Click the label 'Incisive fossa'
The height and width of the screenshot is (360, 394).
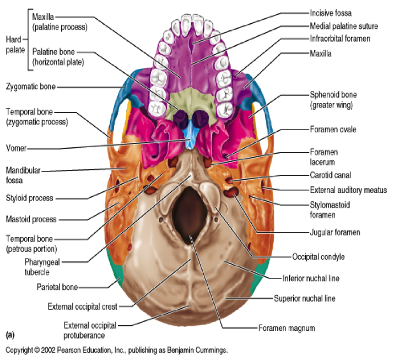pyautogui.click(x=331, y=13)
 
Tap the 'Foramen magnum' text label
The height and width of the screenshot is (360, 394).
pyautogui.click(x=287, y=328)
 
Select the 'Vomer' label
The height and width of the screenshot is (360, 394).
pyautogui.click(x=17, y=148)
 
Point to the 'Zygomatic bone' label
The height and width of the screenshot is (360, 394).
pyautogui.click(x=31, y=87)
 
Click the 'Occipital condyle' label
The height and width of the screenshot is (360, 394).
pyautogui.click(x=319, y=257)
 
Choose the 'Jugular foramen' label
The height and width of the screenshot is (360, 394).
pyautogui.click(x=335, y=232)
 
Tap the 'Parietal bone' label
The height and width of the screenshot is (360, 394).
pyautogui.click(x=57, y=287)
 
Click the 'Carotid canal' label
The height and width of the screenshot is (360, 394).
pyautogui.click(x=331, y=175)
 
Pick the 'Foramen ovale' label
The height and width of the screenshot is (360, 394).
pyautogui.click(x=333, y=130)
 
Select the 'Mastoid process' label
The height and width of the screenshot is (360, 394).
pyautogui.click(x=31, y=219)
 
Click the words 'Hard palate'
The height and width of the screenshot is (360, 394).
pyautogui.click(x=15, y=45)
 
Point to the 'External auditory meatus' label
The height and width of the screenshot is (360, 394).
pyautogui.click(x=348, y=190)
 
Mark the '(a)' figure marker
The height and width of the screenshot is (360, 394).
pyautogui.click(x=10, y=335)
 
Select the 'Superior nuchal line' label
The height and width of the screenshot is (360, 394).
pyautogui.click(x=305, y=298)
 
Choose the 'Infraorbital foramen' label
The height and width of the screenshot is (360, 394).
pyautogui.click(x=340, y=39)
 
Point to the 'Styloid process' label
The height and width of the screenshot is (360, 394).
pyautogui.click(x=30, y=198)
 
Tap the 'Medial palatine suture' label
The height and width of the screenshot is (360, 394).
pyautogui.click(x=344, y=26)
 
